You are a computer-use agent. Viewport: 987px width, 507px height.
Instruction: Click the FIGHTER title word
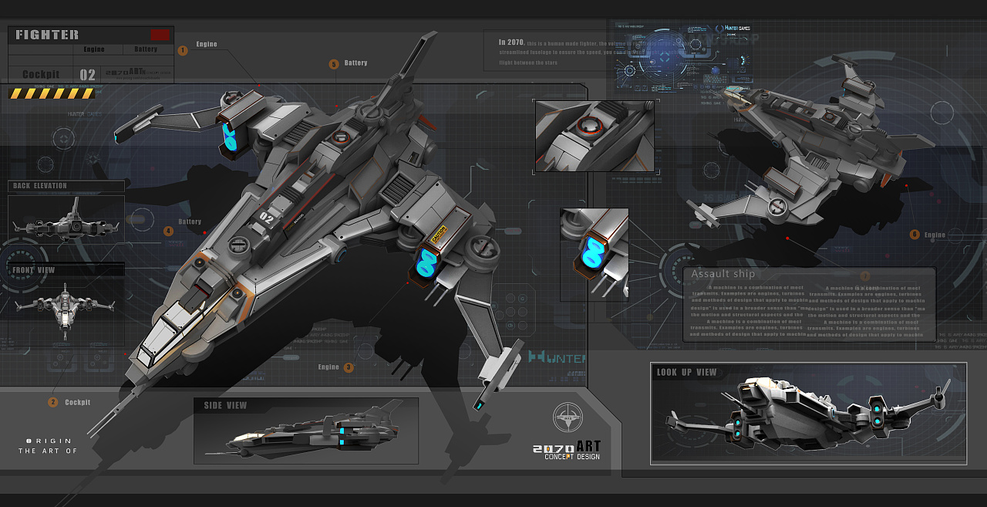(x=47, y=35)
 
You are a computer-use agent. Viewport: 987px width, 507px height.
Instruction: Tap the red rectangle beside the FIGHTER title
(x=160, y=34)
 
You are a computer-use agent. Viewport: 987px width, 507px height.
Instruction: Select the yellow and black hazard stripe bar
(x=52, y=93)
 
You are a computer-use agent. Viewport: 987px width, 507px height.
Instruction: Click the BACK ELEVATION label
(x=40, y=186)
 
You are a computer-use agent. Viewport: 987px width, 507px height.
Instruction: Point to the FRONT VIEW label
(x=34, y=271)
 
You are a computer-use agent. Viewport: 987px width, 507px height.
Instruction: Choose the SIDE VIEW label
(x=225, y=406)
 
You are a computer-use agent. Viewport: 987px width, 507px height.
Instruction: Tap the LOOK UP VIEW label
(x=686, y=373)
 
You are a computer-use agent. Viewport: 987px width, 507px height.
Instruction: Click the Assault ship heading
(x=723, y=274)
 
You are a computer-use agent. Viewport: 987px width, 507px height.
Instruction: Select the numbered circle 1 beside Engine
(x=183, y=50)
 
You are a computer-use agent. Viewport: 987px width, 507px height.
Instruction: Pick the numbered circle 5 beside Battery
(x=334, y=64)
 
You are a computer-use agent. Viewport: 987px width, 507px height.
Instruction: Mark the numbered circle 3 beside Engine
(x=349, y=367)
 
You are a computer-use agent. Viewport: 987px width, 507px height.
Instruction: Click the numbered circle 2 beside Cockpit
(x=53, y=402)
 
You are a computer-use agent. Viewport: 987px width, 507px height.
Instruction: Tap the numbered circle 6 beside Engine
(x=915, y=235)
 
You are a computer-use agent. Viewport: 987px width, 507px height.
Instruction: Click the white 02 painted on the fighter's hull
(x=268, y=216)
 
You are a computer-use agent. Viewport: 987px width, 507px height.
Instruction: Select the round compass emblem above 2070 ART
(x=568, y=417)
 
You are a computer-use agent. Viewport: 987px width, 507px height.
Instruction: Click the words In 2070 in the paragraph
(x=511, y=42)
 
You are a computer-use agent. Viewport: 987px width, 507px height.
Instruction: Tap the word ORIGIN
(x=52, y=441)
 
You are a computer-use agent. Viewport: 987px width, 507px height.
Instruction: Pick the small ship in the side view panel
(x=308, y=436)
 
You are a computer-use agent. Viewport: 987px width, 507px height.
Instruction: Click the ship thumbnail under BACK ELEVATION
(x=66, y=219)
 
